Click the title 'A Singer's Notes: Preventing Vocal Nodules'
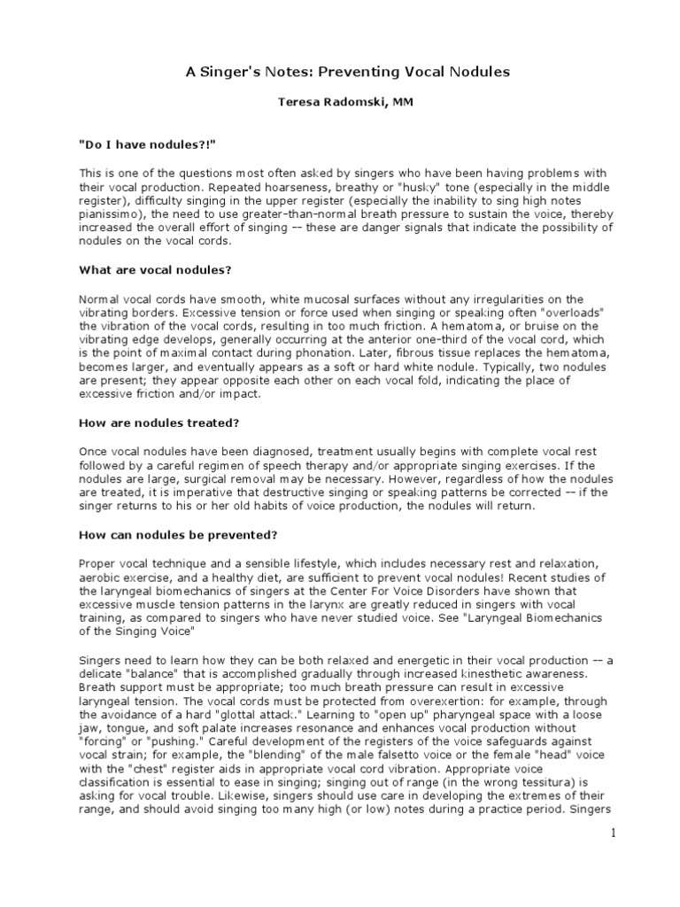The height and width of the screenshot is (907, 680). (348, 72)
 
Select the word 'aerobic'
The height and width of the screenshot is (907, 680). (107, 577)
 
